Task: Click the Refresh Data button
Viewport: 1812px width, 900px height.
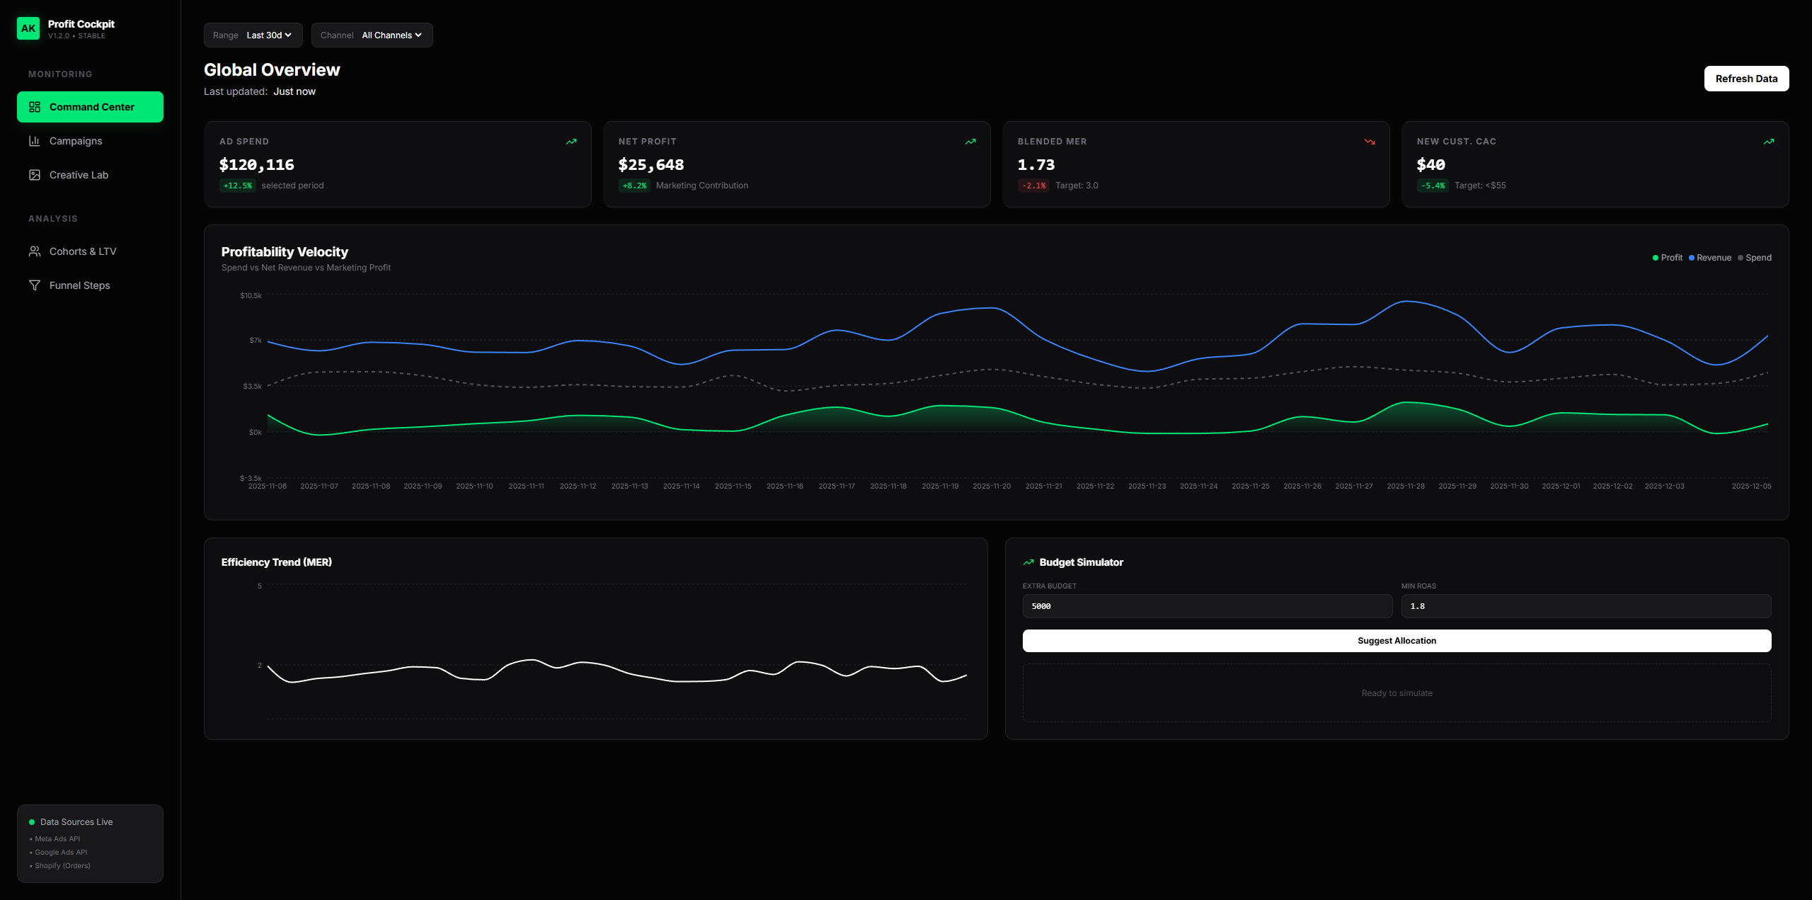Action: click(1745, 79)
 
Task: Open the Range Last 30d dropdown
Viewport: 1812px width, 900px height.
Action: click(253, 35)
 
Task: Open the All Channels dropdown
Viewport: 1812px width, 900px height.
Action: click(372, 35)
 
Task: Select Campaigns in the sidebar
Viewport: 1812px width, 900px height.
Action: click(76, 141)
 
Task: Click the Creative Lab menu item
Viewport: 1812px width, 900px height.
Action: click(79, 175)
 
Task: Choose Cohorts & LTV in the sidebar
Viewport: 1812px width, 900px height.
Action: click(82, 251)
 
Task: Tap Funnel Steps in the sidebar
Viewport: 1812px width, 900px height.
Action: click(79, 285)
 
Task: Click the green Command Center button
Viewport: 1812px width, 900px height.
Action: click(90, 107)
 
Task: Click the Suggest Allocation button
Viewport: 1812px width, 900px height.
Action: click(1396, 641)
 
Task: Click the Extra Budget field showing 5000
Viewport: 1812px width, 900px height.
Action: click(1207, 606)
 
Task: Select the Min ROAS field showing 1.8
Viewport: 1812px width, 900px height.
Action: click(1585, 606)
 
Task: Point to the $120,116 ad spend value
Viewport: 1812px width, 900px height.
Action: click(256, 165)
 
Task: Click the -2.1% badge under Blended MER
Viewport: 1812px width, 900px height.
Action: click(1033, 186)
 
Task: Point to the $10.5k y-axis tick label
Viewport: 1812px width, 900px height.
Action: click(251, 296)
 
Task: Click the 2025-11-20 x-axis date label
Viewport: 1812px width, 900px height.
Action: click(991, 486)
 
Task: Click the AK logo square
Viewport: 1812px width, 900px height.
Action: click(28, 28)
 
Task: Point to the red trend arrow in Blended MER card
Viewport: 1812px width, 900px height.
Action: click(1369, 142)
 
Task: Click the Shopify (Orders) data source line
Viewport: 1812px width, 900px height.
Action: click(62, 866)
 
